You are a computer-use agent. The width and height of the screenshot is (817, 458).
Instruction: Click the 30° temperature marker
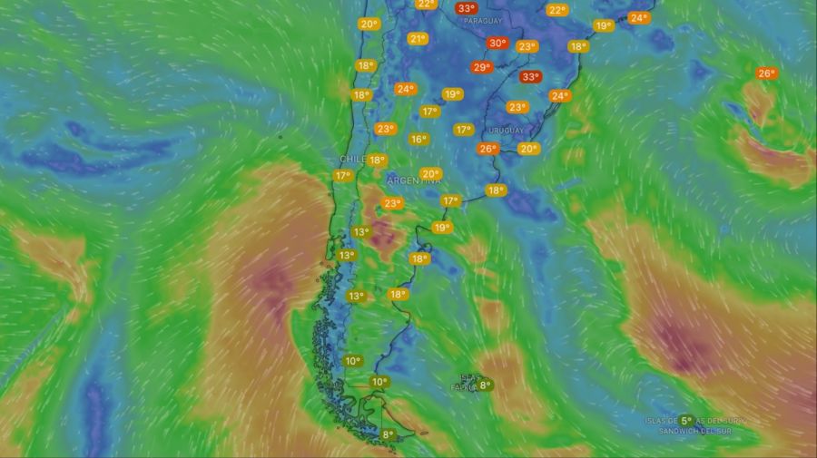[497, 43]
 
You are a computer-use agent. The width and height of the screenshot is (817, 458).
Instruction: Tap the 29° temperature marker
[481, 67]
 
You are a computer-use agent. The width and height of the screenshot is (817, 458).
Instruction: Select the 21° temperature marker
[418, 38]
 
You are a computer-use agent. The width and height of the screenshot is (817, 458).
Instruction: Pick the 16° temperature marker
[418, 139]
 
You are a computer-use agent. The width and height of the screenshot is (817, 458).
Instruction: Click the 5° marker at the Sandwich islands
[686, 421]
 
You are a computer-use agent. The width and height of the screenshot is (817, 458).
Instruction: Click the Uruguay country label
[506, 131]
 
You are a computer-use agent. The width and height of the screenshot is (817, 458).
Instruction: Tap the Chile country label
[352, 159]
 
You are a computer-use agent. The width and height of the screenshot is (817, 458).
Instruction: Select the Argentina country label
[414, 181]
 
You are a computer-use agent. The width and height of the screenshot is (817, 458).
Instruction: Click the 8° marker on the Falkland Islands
[485, 385]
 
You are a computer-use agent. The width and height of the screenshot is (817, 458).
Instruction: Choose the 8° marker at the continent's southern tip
[388, 435]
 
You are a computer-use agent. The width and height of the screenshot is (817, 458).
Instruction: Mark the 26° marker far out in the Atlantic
[766, 73]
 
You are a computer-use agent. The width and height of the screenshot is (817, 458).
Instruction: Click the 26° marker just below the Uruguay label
[487, 149]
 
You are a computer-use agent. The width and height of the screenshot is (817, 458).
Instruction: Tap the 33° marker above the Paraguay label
[467, 8]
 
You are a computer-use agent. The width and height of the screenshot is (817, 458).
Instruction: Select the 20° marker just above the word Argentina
[431, 173]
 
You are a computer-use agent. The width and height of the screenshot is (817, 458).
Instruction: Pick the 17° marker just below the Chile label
[342, 175]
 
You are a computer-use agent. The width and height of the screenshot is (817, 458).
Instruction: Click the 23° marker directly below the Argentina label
[392, 203]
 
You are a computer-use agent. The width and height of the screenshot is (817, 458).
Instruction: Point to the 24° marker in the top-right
[638, 17]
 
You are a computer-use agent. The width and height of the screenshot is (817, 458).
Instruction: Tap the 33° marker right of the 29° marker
[530, 77]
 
